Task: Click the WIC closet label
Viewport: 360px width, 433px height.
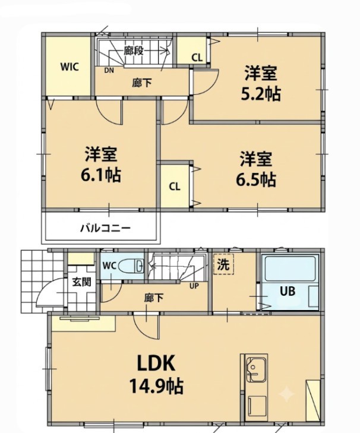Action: coord(70,67)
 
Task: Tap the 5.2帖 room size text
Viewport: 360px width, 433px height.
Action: coord(261,94)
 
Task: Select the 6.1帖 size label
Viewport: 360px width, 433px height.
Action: coord(100,175)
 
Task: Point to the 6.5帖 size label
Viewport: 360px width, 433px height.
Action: coord(256,179)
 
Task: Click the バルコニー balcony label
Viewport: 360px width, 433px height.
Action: coord(105,228)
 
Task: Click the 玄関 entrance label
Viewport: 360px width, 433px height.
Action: coord(81,282)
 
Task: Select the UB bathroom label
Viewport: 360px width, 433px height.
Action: coord(288,291)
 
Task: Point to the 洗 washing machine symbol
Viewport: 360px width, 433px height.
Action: coord(223,264)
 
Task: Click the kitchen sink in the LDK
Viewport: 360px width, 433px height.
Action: coord(256,369)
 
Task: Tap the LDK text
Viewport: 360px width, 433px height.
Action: coord(156,364)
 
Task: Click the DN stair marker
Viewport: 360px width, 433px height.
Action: coord(109,71)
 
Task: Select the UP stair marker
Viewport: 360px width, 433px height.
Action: coord(194,286)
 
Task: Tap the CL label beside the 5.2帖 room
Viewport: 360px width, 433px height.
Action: coord(197,58)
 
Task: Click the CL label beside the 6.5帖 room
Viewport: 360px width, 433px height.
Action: coord(175,187)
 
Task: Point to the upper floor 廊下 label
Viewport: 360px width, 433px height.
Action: coord(142,83)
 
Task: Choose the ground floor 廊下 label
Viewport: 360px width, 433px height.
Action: coord(154,298)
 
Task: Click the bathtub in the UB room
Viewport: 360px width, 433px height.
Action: coord(290,268)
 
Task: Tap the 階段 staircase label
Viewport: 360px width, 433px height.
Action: coord(134,50)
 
